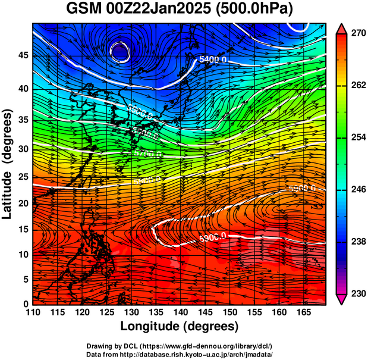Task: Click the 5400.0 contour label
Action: tap(212, 60)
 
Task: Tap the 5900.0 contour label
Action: tap(302, 189)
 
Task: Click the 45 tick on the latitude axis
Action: tap(23, 55)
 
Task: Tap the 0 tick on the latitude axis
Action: tap(26, 304)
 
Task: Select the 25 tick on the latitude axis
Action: tap(23, 177)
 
